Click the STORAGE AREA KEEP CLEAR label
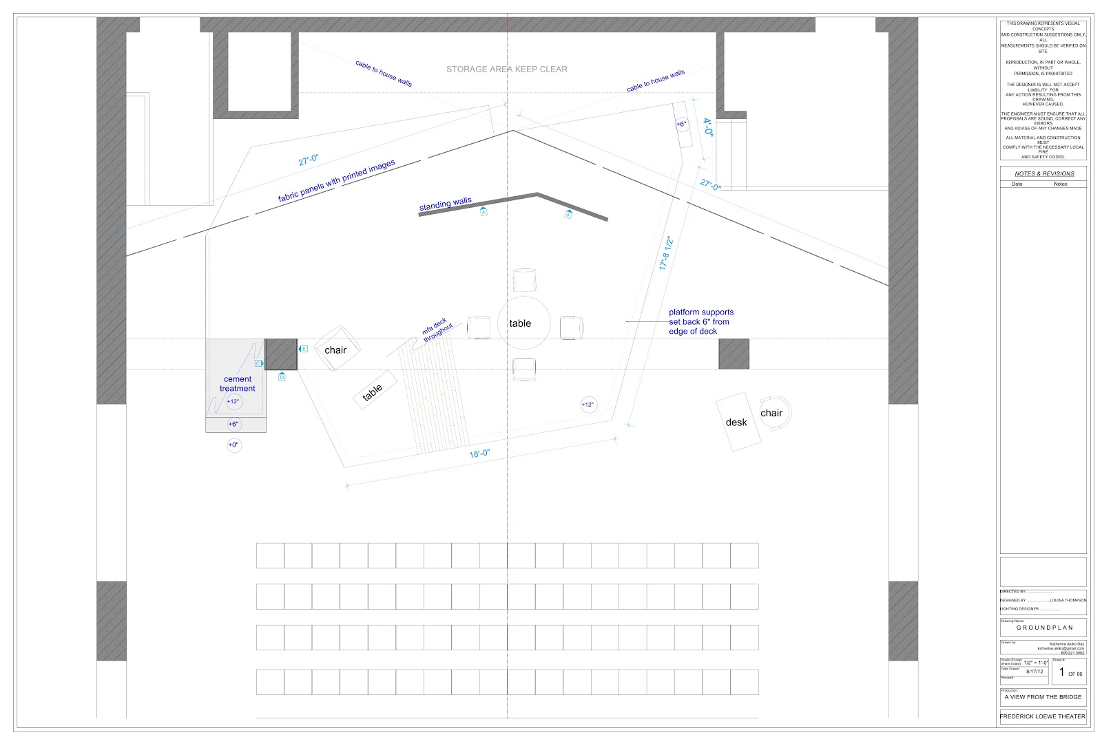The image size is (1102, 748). coord(507,69)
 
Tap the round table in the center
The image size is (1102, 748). coord(523,323)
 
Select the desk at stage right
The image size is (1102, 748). coord(737,422)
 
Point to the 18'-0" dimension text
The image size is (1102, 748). coord(479,453)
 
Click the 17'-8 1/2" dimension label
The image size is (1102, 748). coord(665,253)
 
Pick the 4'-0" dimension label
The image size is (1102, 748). coord(708,129)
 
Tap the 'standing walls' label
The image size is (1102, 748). coord(446,204)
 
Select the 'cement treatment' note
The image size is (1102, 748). coord(238,384)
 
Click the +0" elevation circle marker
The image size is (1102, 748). coord(233,445)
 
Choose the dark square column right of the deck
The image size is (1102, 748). coord(734,354)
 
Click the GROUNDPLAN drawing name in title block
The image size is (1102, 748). coord(1043,628)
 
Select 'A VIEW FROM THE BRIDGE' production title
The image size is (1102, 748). coord(1043,697)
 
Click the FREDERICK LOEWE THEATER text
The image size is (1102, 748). coord(1043,716)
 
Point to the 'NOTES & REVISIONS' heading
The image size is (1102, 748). coord(1043,173)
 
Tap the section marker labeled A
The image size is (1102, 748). coord(484,213)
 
